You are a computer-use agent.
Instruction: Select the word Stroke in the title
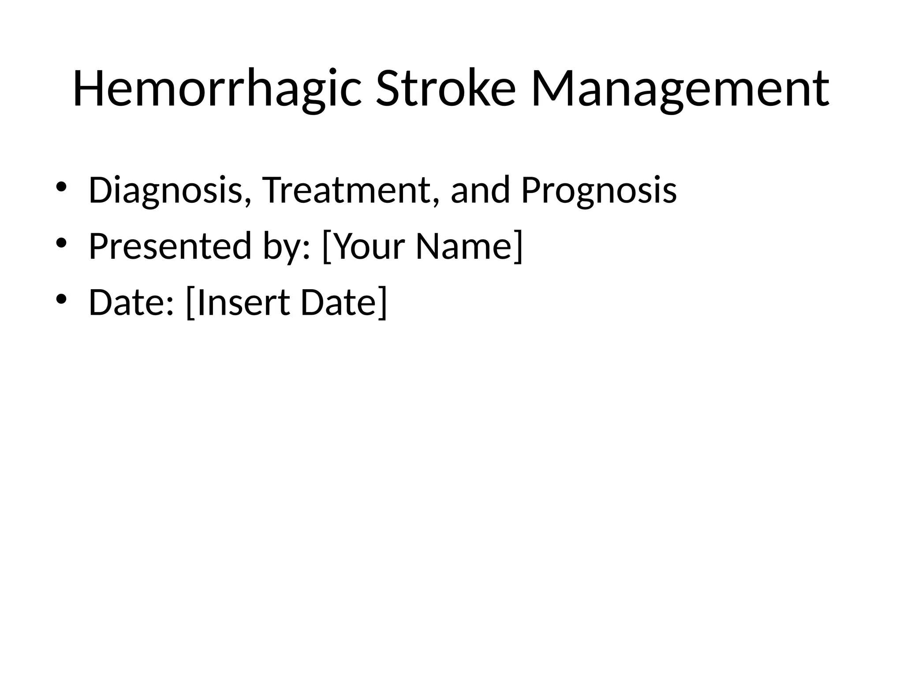445,88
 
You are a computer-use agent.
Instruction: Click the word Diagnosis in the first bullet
165,190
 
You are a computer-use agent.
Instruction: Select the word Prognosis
598,190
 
